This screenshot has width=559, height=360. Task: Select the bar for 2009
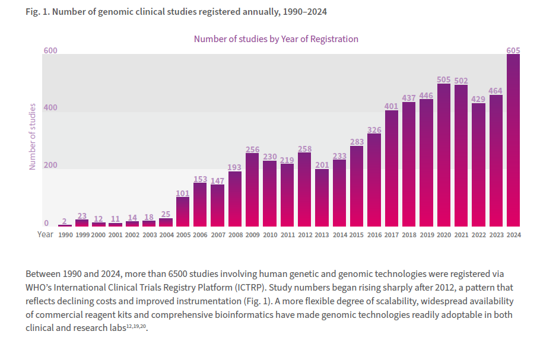pyautogui.click(x=252, y=190)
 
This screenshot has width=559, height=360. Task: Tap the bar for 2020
pyautogui.click(x=444, y=155)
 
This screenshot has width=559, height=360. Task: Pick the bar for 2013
pyautogui.click(x=322, y=197)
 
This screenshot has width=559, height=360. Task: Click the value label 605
pyautogui.click(x=513, y=50)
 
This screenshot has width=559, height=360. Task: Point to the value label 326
pyautogui.click(x=374, y=130)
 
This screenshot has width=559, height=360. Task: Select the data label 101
pyautogui.click(x=183, y=193)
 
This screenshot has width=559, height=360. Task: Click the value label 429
pyautogui.click(x=478, y=99)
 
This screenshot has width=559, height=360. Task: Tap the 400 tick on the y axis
pyautogui.click(x=50, y=108)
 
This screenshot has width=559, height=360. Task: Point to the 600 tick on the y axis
pyautogui.click(x=50, y=51)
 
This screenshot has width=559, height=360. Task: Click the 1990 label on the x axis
pyautogui.click(x=65, y=235)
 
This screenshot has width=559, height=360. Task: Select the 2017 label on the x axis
pyautogui.click(x=392, y=235)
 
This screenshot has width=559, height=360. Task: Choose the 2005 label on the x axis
pyautogui.click(x=183, y=235)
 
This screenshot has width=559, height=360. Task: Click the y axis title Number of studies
pyautogui.click(x=33, y=136)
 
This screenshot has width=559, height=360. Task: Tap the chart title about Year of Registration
pyautogui.click(x=276, y=39)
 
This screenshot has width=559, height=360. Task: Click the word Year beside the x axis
pyautogui.click(x=45, y=234)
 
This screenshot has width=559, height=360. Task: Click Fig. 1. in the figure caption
pyautogui.click(x=37, y=12)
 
